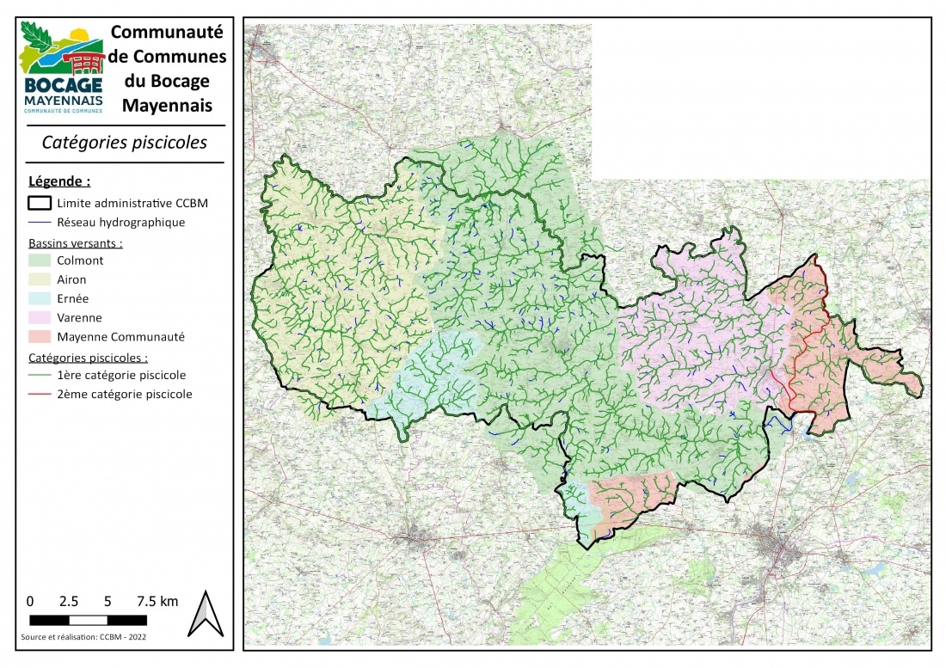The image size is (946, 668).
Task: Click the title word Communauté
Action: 168,32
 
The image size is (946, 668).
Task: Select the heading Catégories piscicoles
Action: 125,143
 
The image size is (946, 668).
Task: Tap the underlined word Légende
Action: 59,181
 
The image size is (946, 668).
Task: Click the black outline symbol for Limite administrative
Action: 40,204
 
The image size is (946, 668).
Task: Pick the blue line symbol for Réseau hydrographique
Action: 40,223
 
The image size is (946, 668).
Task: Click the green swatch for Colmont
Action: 40,260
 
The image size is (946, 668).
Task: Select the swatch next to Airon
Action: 40,279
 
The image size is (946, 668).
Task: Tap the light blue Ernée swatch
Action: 40,298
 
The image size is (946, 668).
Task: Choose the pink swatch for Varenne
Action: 40,318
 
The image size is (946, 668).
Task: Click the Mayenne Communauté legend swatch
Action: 40,337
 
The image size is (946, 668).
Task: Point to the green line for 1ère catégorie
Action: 40,376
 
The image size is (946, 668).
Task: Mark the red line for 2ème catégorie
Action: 40,395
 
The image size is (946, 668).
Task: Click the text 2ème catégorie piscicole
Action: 125,395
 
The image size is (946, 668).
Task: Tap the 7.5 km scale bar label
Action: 157,601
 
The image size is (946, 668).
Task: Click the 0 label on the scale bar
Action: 30,601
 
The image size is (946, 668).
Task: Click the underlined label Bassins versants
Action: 75,242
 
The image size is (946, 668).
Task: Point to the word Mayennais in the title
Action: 168,107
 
